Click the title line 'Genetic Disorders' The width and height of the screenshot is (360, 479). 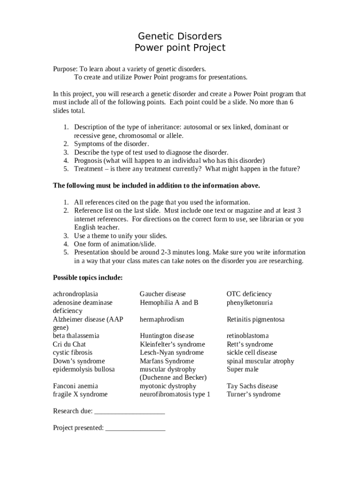point(180,36)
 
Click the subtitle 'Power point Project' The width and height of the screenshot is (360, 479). point(180,48)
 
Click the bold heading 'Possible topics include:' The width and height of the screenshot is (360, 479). point(88,278)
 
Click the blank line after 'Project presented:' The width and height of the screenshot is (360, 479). point(135,428)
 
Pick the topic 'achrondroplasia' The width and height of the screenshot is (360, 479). point(75,294)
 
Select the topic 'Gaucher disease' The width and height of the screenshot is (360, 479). point(162,294)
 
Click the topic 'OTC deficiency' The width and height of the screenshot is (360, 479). point(249,294)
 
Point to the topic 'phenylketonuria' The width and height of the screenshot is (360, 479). point(250,303)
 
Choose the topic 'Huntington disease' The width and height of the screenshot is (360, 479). point(166,336)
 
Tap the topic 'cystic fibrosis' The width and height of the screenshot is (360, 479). point(72,353)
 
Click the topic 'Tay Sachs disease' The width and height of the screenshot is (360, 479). point(252,386)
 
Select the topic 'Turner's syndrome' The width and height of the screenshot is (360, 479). point(253,394)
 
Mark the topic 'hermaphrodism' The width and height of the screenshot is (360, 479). point(162,319)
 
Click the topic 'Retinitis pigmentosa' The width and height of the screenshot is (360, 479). point(255,319)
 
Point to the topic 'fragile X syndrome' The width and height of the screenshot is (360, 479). point(80,394)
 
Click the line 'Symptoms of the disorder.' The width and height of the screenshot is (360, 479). point(111,144)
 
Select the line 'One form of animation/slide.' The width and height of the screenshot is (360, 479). point(115,244)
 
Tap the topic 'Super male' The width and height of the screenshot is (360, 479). point(242,370)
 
